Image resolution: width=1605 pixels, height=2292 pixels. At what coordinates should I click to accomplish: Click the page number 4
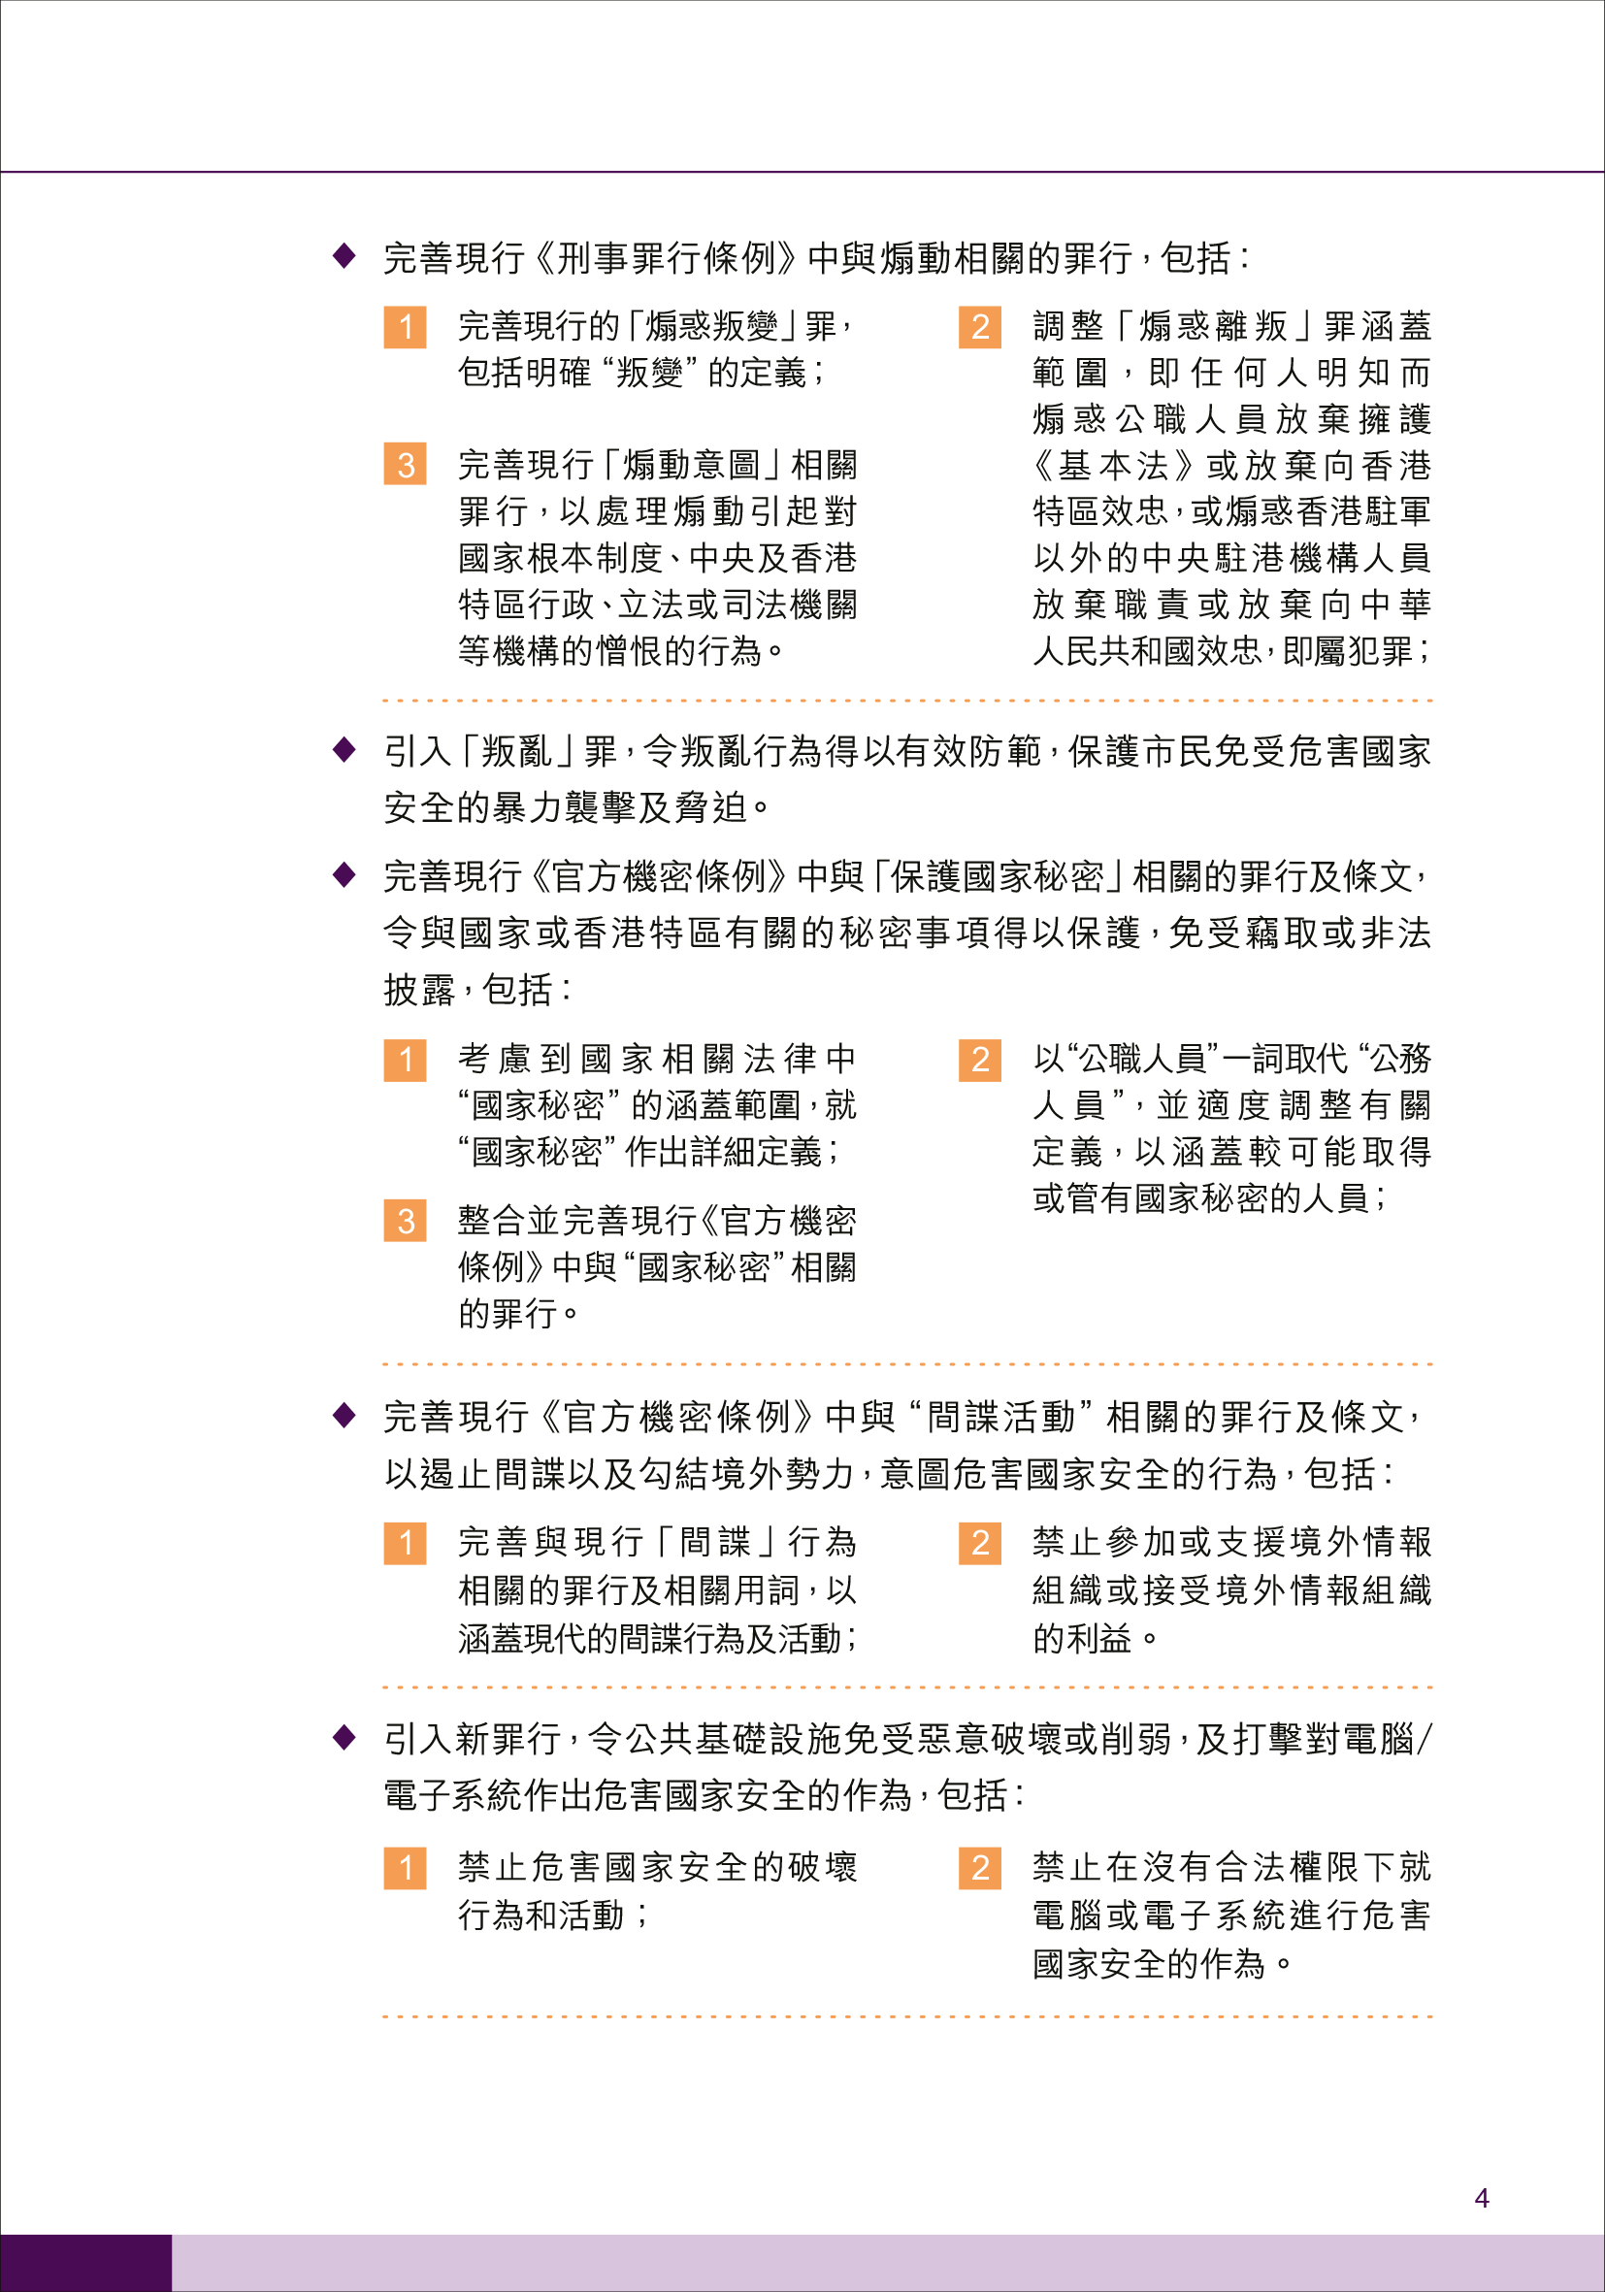(x=1481, y=2197)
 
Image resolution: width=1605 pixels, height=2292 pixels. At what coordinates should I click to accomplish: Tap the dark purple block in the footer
(x=85, y=2262)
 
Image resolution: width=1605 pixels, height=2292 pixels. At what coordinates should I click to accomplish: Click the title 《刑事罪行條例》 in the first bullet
(x=667, y=258)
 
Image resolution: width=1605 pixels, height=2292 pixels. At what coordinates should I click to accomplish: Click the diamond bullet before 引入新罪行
(x=344, y=1737)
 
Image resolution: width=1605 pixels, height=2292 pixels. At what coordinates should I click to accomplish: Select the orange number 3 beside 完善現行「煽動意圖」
(x=406, y=464)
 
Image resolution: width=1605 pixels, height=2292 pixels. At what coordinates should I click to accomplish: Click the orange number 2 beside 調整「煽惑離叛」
(x=980, y=326)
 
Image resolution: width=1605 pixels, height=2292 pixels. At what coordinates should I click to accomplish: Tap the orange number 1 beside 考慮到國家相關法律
(x=406, y=1059)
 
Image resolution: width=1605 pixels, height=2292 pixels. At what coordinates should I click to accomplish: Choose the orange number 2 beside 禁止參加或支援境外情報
(x=980, y=1543)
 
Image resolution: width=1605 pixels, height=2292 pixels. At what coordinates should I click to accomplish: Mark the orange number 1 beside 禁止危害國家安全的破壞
(x=406, y=1868)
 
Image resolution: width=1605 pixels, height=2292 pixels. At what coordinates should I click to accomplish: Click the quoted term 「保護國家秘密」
(x=999, y=876)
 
